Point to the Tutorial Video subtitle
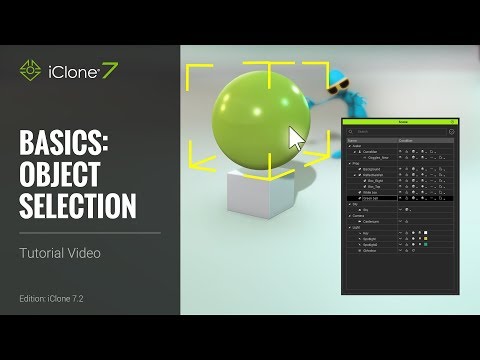tap(60, 253)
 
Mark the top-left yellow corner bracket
tap(196, 72)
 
